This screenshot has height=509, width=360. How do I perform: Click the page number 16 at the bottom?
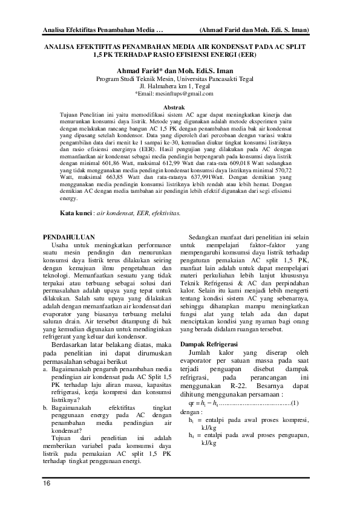pos(47,484)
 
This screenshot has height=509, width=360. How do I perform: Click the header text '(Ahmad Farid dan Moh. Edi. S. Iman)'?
pos(254,30)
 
